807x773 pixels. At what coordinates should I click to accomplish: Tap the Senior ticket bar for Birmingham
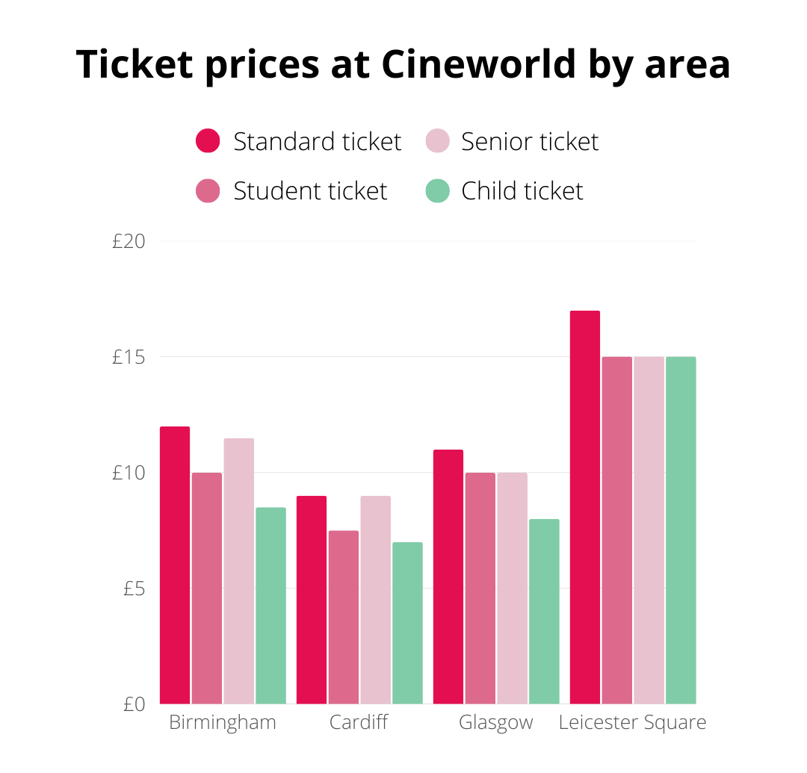click(x=238, y=571)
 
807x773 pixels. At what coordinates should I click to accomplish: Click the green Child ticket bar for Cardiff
click(x=407, y=623)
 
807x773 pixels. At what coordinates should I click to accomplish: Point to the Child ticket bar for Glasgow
click(x=544, y=612)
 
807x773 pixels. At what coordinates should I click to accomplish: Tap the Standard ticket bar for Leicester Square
click(x=584, y=507)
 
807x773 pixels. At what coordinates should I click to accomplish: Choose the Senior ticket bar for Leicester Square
click(x=649, y=530)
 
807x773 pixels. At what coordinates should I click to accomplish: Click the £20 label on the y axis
click(x=129, y=241)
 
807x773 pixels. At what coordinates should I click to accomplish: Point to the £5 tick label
click(x=134, y=589)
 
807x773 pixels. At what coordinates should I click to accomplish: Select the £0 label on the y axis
click(x=134, y=704)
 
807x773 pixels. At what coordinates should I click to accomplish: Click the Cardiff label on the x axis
click(x=359, y=723)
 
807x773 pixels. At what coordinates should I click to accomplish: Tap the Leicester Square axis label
click(x=632, y=723)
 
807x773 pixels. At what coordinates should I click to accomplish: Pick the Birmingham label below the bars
click(x=223, y=723)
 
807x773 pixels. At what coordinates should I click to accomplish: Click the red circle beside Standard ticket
click(x=208, y=141)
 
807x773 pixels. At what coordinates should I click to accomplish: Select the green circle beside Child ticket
click(x=437, y=191)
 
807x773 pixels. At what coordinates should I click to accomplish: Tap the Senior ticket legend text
click(x=530, y=141)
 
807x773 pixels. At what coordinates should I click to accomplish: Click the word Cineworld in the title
click(x=478, y=64)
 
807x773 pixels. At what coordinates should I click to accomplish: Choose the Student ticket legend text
click(x=310, y=191)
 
